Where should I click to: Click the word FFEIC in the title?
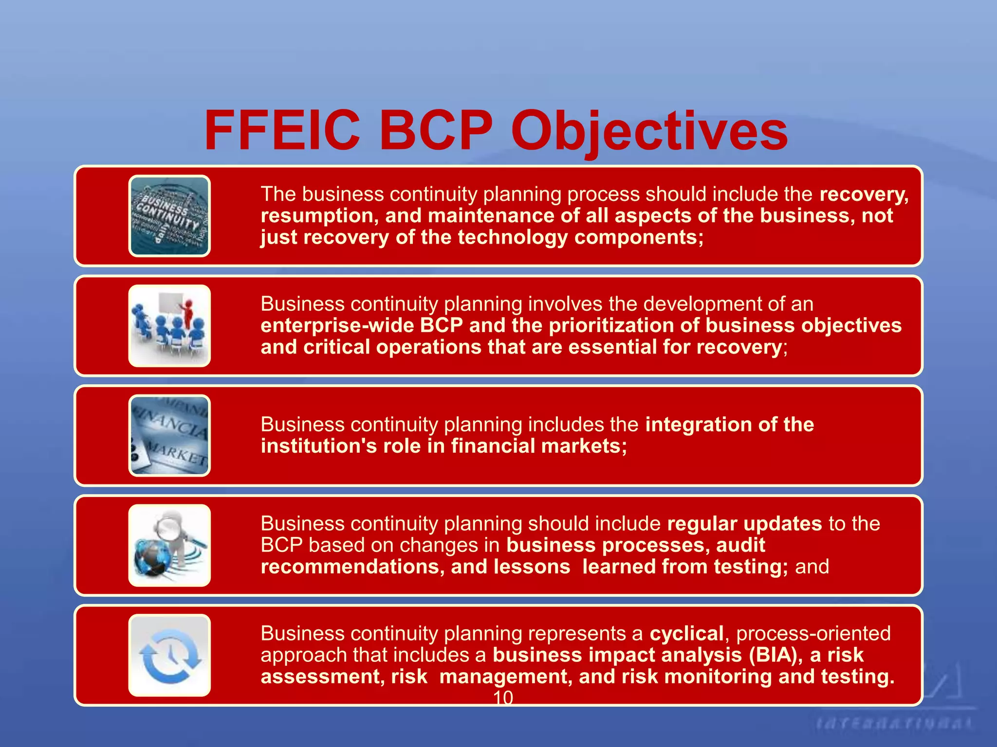point(282,130)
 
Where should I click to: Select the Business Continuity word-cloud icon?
point(169,216)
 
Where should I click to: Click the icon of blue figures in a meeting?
point(169,326)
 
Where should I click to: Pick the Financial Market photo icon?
point(169,436)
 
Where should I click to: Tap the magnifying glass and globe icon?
point(169,546)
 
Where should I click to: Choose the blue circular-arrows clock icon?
point(169,656)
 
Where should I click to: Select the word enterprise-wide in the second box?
point(337,325)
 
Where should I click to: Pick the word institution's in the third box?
point(318,446)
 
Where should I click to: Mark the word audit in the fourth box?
point(740,545)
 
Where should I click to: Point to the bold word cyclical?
point(686,634)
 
